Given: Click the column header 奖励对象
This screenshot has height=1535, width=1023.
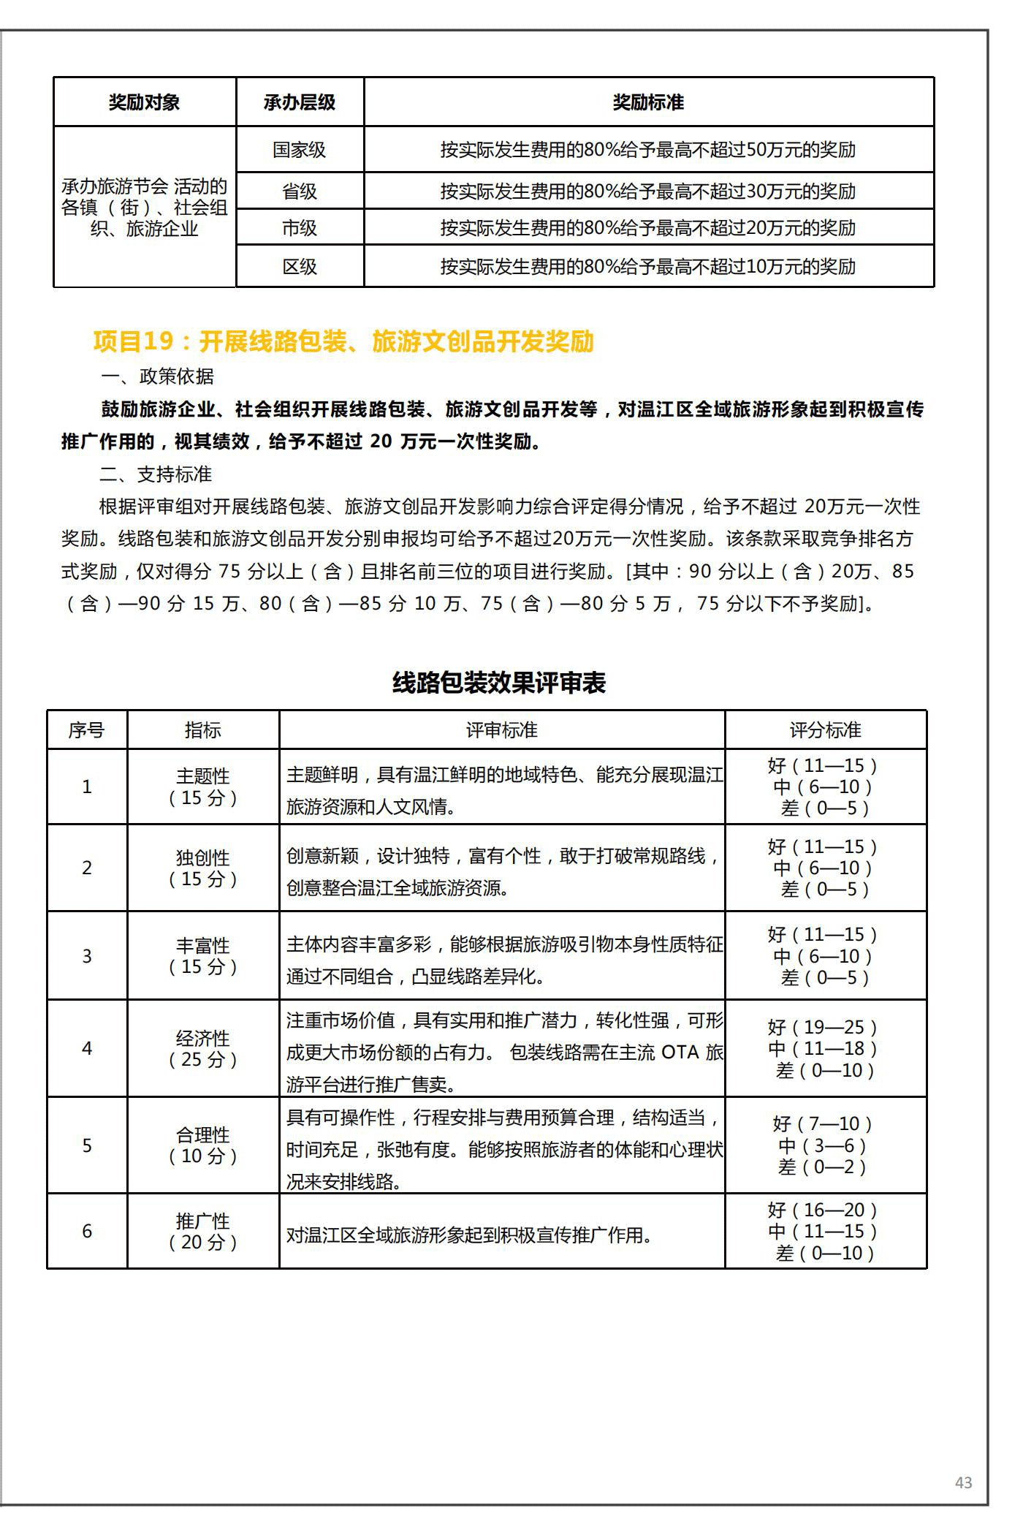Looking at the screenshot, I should (144, 102).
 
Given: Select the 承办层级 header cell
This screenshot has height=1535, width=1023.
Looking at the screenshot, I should (299, 102).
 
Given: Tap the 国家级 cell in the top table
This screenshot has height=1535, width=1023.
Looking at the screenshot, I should (299, 150).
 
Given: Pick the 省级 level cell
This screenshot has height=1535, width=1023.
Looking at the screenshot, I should (299, 192).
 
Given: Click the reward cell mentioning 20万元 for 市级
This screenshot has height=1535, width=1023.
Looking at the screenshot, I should (647, 228).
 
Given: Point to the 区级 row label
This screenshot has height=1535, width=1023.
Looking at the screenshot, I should (299, 267).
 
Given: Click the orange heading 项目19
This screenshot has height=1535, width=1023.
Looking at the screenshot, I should (343, 341).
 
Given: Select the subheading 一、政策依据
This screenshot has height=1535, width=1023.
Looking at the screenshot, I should (157, 376).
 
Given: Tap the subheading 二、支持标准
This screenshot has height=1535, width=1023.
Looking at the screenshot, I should (156, 474).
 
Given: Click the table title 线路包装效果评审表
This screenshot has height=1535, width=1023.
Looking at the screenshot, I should (499, 683).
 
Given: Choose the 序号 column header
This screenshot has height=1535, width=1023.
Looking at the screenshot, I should (86, 730).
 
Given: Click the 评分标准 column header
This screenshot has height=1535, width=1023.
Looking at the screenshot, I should (825, 730).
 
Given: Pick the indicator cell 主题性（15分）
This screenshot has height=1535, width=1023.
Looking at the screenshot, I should (202, 787).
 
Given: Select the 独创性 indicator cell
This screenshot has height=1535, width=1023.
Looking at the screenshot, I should (202, 868).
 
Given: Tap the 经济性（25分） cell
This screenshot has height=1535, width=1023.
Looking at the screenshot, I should (202, 1049).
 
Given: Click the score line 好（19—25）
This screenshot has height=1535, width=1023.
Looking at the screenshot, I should (822, 1028).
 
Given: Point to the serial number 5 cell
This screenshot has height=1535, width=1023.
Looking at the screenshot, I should (86, 1145).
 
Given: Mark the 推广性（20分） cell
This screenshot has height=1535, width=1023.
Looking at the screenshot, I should (202, 1232).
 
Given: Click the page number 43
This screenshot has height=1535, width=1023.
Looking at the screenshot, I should (963, 1482).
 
